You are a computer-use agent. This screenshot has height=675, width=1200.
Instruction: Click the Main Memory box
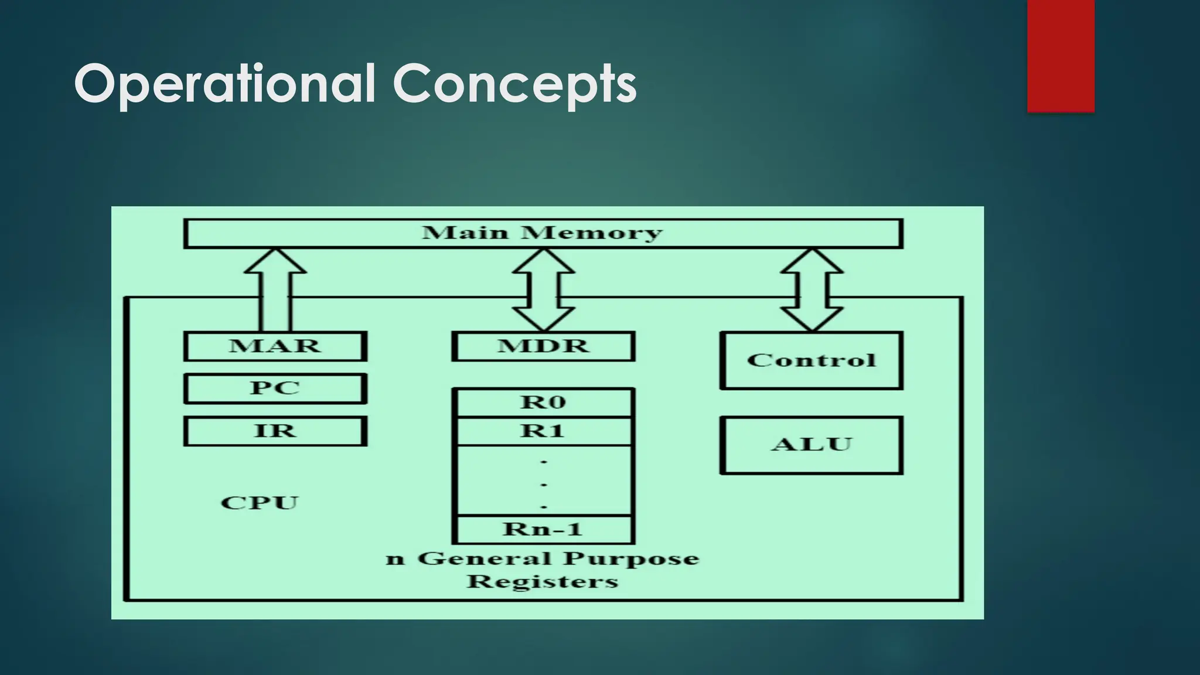click(x=543, y=233)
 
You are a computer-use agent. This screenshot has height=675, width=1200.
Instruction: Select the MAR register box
click(x=275, y=346)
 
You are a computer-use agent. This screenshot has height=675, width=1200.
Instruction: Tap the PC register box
click(x=275, y=388)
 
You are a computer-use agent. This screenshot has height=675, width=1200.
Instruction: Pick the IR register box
click(x=275, y=431)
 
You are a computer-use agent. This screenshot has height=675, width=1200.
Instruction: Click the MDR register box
click(x=543, y=346)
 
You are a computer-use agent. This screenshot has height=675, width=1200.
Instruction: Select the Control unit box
click(x=811, y=360)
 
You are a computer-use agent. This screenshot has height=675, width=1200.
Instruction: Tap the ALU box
click(x=811, y=445)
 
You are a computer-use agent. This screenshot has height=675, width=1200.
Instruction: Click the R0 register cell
click(x=543, y=403)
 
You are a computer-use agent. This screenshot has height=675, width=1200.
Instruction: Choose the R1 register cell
click(x=543, y=431)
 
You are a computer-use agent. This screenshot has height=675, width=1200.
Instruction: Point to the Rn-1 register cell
click(x=543, y=530)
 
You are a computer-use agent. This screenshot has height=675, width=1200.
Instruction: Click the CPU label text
click(x=260, y=503)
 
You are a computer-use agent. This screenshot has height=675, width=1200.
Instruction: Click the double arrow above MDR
click(x=543, y=290)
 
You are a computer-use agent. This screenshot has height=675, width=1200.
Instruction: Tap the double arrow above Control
click(x=812, y=290)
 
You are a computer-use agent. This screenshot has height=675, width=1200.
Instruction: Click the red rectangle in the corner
click(x=1061, y=56)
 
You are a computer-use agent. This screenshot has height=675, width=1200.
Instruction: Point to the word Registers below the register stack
click(x=543, y=582)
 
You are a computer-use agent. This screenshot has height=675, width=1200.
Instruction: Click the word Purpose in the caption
click(x=631, y=558)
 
